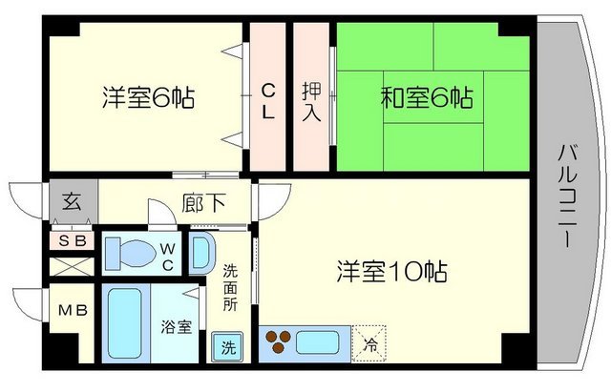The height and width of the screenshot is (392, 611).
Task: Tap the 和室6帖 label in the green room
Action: (427, 96)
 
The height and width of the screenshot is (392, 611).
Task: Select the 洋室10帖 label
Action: (391, 271)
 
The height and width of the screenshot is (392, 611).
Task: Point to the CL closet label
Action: (269, 99)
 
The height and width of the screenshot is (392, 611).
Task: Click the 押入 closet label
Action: (312, 97)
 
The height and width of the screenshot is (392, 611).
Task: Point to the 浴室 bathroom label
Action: (178, 327)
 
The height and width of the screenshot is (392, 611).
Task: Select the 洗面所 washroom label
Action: (229, 288)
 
